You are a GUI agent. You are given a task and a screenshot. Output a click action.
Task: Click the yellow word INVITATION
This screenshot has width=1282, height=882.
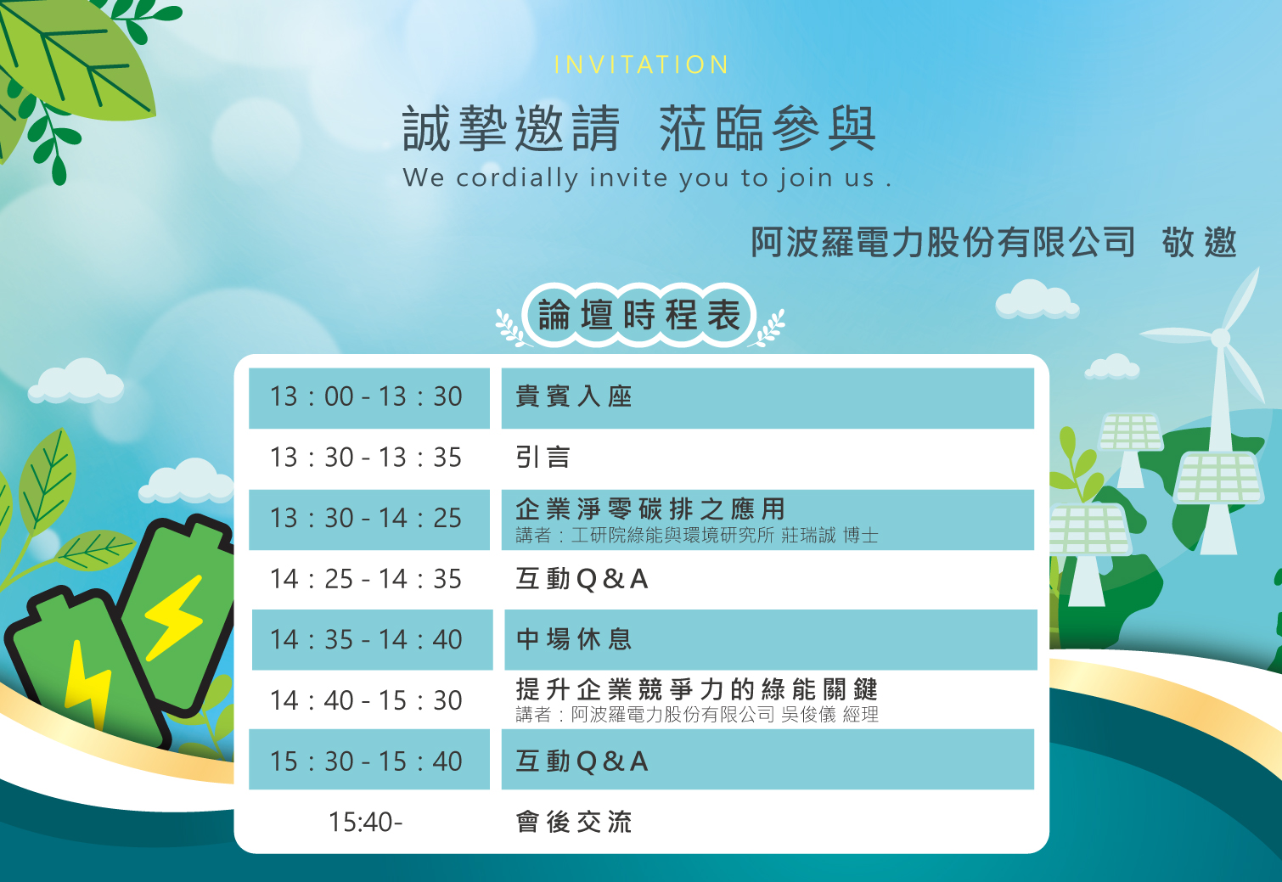point(641,65)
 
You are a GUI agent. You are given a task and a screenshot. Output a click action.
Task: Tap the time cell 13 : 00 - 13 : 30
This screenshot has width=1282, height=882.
point(366,396)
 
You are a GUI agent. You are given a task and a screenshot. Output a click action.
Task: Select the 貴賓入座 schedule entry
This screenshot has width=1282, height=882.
point(573,396)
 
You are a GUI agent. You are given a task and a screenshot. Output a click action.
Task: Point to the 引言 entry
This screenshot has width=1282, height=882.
point(543,458)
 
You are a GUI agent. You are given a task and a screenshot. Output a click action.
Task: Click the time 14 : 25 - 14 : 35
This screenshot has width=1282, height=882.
point(366,579)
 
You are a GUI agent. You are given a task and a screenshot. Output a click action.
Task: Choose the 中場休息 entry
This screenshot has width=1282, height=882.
point(573,639)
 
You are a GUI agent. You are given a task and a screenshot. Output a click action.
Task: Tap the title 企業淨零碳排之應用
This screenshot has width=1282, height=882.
point(650,508)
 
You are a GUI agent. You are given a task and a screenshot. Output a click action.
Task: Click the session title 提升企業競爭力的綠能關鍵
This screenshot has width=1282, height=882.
point(696,689)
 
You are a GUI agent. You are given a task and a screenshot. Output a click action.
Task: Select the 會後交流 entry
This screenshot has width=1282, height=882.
point(573,822)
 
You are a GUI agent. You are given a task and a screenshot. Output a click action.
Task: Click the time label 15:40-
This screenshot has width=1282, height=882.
point(366,822)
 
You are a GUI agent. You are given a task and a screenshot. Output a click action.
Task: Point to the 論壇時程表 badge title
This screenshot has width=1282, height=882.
point(639,316)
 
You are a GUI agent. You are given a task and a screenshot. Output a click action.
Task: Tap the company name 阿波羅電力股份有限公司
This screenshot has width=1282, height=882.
point(942,242)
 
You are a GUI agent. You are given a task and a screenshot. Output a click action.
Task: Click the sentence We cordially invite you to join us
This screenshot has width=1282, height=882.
point(647,178)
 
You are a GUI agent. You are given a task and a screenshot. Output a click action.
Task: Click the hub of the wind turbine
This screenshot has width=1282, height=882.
point(1220,338)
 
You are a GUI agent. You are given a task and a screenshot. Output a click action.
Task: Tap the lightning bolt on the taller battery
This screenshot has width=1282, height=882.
point(174,618)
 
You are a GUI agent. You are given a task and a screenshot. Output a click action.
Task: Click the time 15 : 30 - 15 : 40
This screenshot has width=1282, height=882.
point(366,761)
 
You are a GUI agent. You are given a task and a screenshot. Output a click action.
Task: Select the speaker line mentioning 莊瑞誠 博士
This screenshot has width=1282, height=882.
point(696,536)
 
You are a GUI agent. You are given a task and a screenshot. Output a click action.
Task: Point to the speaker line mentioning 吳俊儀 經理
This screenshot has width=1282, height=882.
point(696,715)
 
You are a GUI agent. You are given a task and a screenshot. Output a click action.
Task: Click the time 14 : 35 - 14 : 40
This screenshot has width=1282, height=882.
point(366,639)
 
